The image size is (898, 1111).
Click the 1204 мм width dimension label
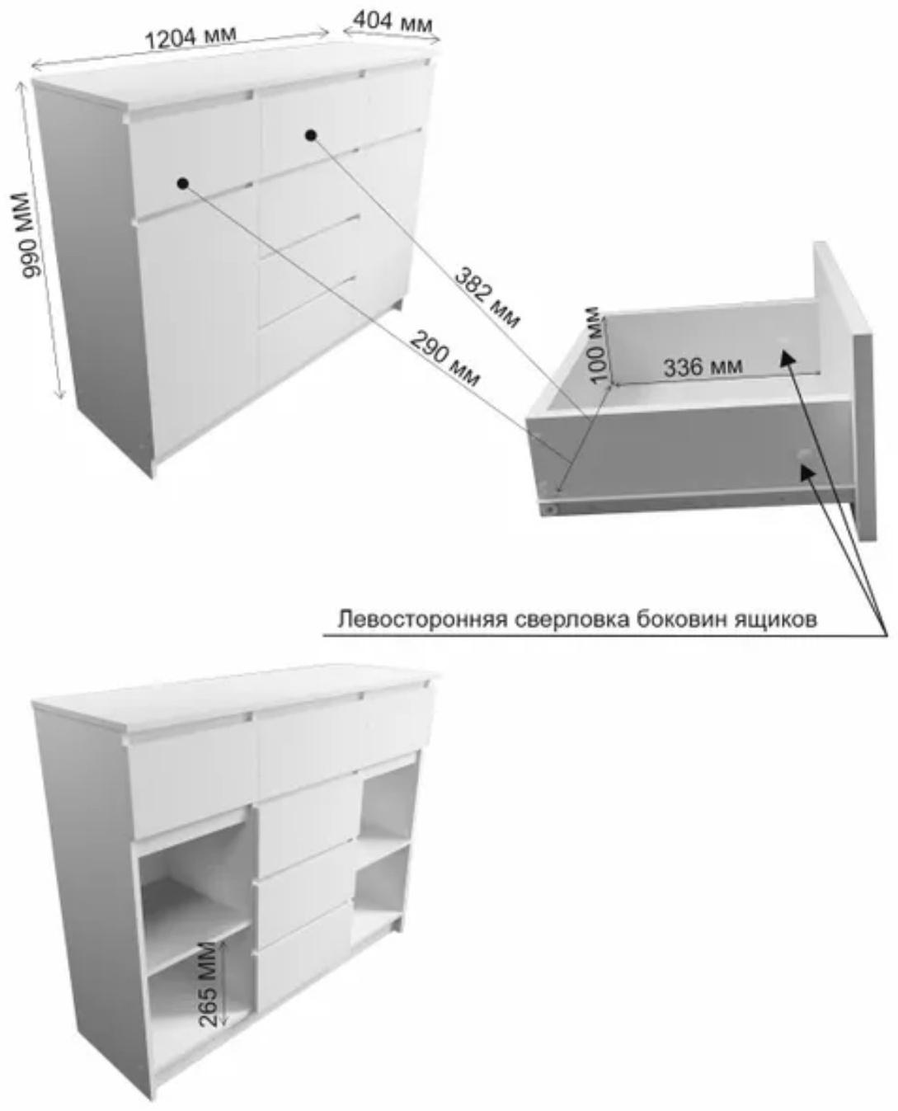(190, 37)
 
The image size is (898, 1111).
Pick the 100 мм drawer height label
(595, 345)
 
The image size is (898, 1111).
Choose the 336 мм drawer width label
(703, 365)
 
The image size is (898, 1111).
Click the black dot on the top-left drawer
(182, 182)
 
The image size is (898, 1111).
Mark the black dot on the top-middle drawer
(311, 134)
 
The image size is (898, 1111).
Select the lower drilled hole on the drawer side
(803, 456)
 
